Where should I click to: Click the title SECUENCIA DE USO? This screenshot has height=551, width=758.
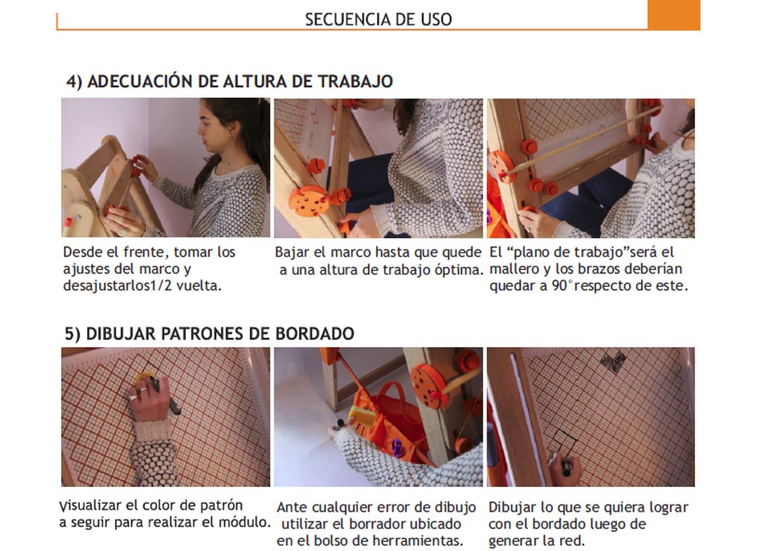pyautogui.click(x=378, y=20)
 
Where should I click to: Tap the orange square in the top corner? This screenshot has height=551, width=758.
pyautogui.click(x=673, y=15)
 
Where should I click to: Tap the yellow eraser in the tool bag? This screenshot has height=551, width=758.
pyautogui.click(x=363, y=416)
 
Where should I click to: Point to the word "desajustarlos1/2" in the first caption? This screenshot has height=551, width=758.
pyautogui.click(x=117, y=285)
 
